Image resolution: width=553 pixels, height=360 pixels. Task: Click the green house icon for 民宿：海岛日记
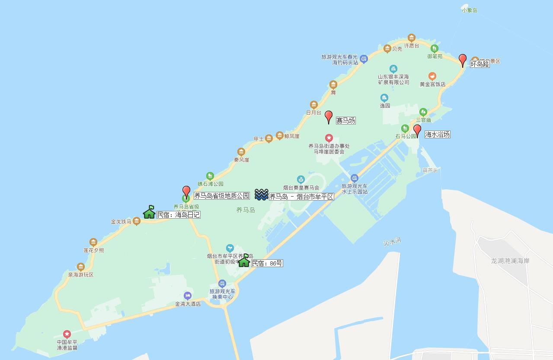pyautogui.click(x=149, y=212)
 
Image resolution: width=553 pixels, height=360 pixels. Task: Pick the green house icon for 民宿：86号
pyautogui.click(x=244, y=260)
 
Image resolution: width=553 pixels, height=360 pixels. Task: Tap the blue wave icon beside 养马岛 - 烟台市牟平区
pyautogui.click(x=261, y=195)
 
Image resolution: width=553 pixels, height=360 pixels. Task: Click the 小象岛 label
pyautogui.click(x=469, y=10)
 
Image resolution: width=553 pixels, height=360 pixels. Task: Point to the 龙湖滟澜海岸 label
pyautogui.click(x=510, y=261)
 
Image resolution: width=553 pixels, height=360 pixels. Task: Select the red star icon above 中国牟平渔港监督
pyautogui.click(x=67, y=334)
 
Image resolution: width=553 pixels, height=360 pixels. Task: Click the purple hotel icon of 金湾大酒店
pyautogui.click(x=187, y=296)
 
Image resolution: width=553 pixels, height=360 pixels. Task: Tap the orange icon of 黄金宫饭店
pyautogui.click(x=432, y=76)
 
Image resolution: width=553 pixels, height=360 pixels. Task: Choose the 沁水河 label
pyautogui.click(x=392, y=242)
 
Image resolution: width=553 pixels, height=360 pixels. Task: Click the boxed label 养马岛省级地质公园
pyautogui.click(x=221, y=196)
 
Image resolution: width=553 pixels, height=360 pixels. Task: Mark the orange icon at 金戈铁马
pyautogui.click(x=137, y=221)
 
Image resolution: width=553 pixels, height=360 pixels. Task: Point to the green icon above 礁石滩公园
pyautogui.click(x=210, y=176)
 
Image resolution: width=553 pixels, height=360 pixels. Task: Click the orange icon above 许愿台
pyautogui.click(x=412, y=38)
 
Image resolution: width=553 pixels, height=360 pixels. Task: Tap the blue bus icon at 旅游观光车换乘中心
pyautogui.click(x=222, y=284)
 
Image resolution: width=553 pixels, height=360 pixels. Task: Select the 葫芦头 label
pyautogui.click(x=430, y=170)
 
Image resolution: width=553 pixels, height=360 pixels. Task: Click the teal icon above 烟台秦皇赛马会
pyautogui.click(x=301, y=179)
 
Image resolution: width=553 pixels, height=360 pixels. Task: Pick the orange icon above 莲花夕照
pyautogui.click(x=93, y=242)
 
